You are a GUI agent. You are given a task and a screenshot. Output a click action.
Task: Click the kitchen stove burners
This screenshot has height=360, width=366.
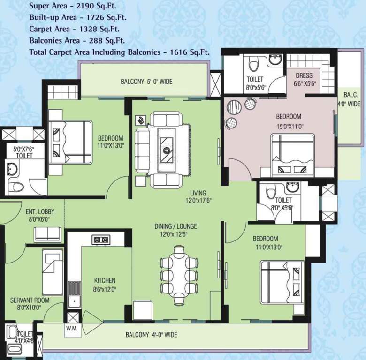pos(100,240)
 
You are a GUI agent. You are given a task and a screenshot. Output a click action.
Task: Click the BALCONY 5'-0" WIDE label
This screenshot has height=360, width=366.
pos(146,82)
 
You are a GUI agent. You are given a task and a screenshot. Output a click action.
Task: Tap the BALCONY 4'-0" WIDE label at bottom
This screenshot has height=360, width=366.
pos(151,335)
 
